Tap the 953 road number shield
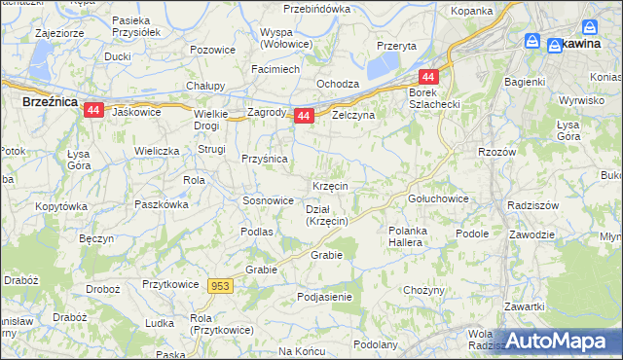220,286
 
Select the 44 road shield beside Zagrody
304,116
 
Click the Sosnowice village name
268,200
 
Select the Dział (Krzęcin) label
326,215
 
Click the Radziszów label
531,205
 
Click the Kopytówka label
60,207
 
